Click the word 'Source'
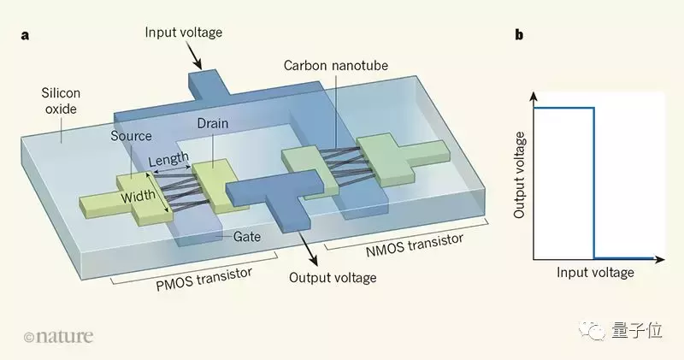pyautogui.click(x=131, y=136)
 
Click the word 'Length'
pyautogui.click(x=168, y=160)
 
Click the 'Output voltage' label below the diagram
pyautogui.click(x=333, y=277)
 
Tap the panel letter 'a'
pyautogui.click(x=28, y=35)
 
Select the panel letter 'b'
pyautogui.click(x=519, y=35)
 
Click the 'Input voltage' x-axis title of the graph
pyautogui.click(x=596, y=273)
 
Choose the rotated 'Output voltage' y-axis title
pyautogui.click(x=519, y=176)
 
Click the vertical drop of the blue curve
pyautogui.click(x=593, y=180)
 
